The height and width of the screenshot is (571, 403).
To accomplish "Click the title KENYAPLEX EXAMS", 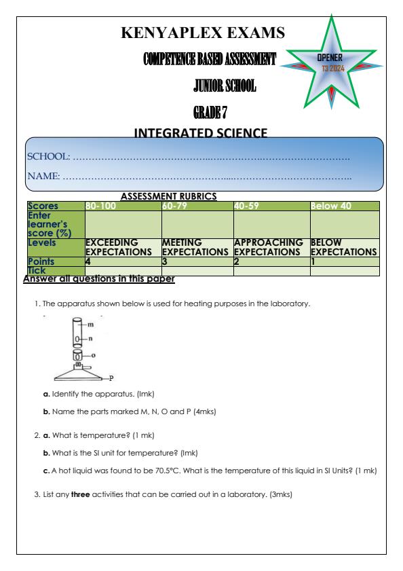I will pos(201,32).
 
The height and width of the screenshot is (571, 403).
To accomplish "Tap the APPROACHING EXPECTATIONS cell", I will pos(270,246).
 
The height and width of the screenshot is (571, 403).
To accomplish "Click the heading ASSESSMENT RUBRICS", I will pos(168,196).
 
